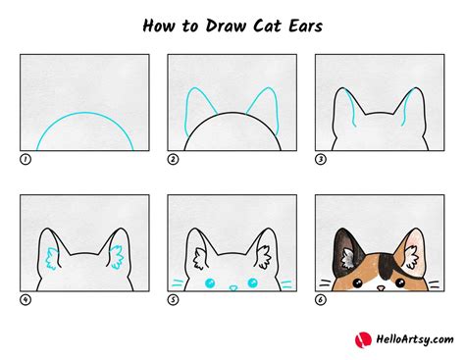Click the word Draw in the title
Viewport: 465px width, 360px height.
click(226, 26)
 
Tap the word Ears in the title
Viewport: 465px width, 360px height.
click(305, 26)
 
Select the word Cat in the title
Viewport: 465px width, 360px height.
click(267, 26)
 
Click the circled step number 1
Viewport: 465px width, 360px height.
click(26, 160)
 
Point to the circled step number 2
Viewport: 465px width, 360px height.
click(173, 160)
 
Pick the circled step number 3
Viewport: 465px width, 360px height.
click(321, 160)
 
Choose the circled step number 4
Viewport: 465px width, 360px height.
click(26, 300)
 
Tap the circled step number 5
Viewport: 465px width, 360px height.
click(173, 300)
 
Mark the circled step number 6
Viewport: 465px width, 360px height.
click(321, 300)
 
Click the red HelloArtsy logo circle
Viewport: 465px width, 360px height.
click(363, 340)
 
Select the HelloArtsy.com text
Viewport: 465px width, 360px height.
click(415, 339)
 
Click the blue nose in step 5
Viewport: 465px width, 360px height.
click(232, 288)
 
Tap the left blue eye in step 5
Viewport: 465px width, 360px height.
click(210, 283)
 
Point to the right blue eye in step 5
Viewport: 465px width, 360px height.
click(252, 283)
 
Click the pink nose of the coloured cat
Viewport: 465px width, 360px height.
click(381, 288)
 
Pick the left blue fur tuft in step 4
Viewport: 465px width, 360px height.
click(52, 259)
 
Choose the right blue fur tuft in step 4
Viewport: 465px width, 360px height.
click(117, 258)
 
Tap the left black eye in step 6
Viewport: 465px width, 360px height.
click(357, 283)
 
